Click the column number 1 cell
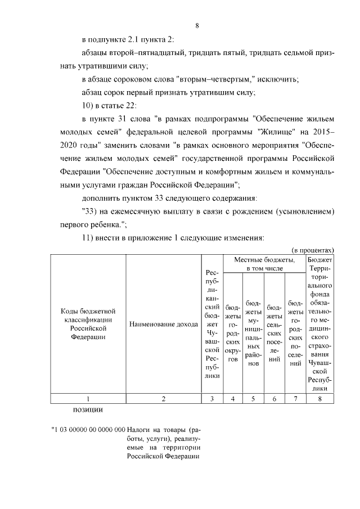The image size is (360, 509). pyautogui.click(x=87, y=399)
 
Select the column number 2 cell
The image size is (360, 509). pyautogui.click(x=163, y=399)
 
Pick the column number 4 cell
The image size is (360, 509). pyautogui.click(x=232, y=399)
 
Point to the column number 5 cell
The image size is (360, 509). pyautogui.click(x=253, y=399)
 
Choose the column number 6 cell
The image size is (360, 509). pyautogui.click(x=274, y=399)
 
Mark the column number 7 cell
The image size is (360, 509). pyautogui.click(x=295, y=399)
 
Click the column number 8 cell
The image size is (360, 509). pyautogui.click(x=319, y=399)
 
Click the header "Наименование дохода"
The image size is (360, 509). pyautogui.click(x=163, y=324)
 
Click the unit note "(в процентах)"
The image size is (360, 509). pyautogui.click(x=313, y=249)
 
